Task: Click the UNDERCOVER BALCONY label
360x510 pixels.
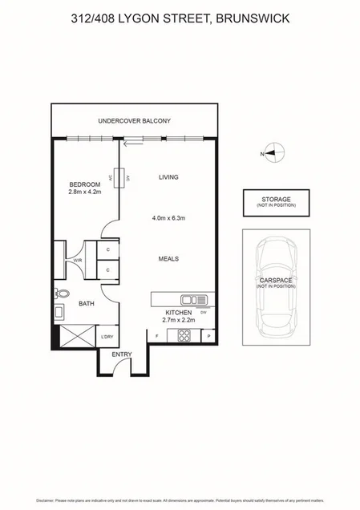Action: [134, 121]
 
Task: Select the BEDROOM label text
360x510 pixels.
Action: [83, 184]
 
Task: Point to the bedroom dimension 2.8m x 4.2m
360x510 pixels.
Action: [83, 192]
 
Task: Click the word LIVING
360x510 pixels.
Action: [168, 176]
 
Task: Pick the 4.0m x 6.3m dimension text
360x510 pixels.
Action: [168, 217]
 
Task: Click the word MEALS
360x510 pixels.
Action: [168, 259]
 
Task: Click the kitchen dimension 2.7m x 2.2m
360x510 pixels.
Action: [178, 320]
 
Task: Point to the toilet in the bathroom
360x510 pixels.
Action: [59, 293]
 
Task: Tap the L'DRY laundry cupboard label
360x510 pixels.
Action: [107, 337]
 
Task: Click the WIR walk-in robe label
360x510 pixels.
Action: [79, 261]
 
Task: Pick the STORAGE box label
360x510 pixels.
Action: [275, 199]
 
